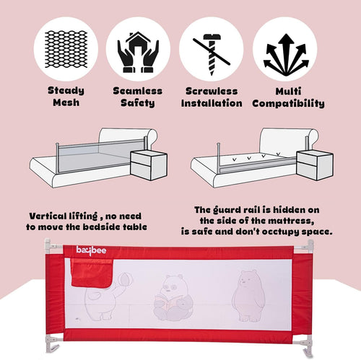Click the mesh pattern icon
66,49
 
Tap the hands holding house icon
138,52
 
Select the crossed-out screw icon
212,54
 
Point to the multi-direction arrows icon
286,54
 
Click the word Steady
66,91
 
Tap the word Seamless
138,91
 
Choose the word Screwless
212,91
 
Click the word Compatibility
288,103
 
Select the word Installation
212,103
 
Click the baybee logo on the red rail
91,250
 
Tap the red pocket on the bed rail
92,273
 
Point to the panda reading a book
173,297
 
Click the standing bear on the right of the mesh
249,296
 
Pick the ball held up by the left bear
125,279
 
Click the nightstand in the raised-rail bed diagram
149,166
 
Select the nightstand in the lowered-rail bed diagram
315,165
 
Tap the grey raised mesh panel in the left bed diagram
101,156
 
